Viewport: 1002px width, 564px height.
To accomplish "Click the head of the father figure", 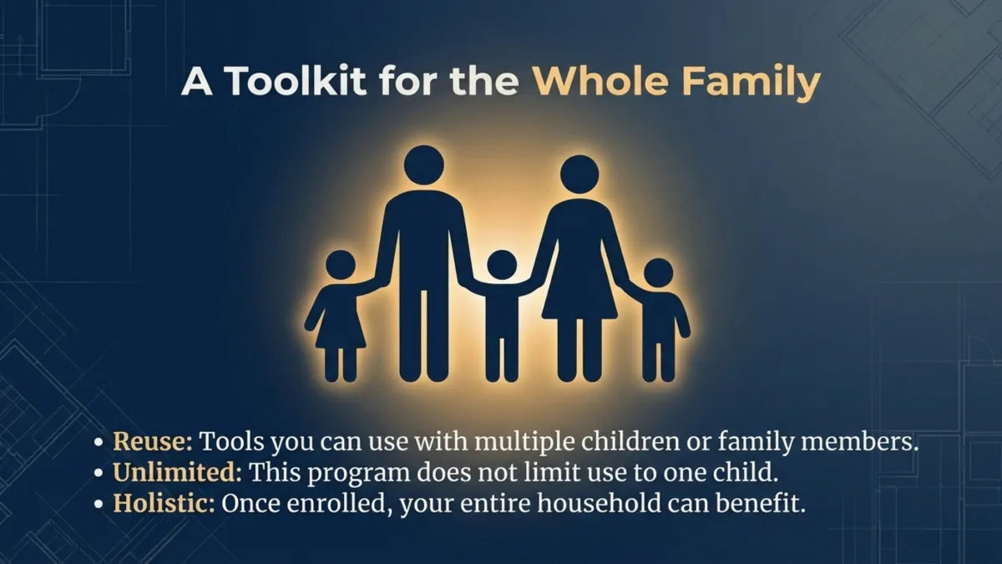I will pos(423,165).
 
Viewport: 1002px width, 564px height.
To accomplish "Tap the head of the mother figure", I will pos(579,174).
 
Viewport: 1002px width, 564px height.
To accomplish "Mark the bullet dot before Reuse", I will pos(99,443).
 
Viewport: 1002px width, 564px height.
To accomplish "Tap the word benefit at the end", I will pos(765,506).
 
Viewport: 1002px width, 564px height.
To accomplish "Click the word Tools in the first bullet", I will pos(228,442).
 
